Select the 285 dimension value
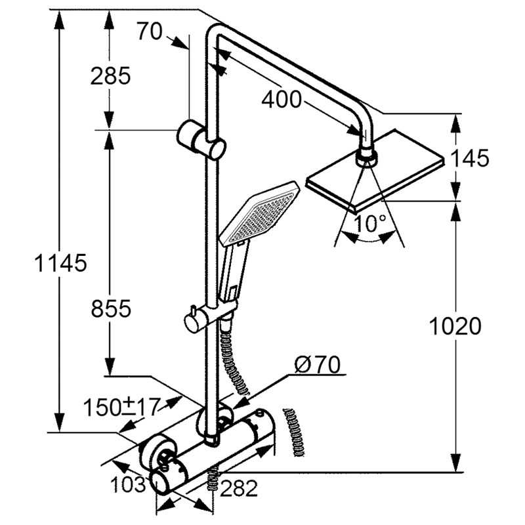coord(110,75)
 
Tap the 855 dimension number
coord(111,308)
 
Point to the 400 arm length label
coord(282,99)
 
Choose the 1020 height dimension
coord(455,326)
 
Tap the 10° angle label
coord(369,223)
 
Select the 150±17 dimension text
coord(121,407)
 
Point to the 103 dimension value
coord(128,484)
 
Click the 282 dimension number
coord(239,488)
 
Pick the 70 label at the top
coord(149,31)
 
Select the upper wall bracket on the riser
coord(201,140)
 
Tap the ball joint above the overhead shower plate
coord(366,157)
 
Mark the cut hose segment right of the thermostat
coord(294,432)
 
